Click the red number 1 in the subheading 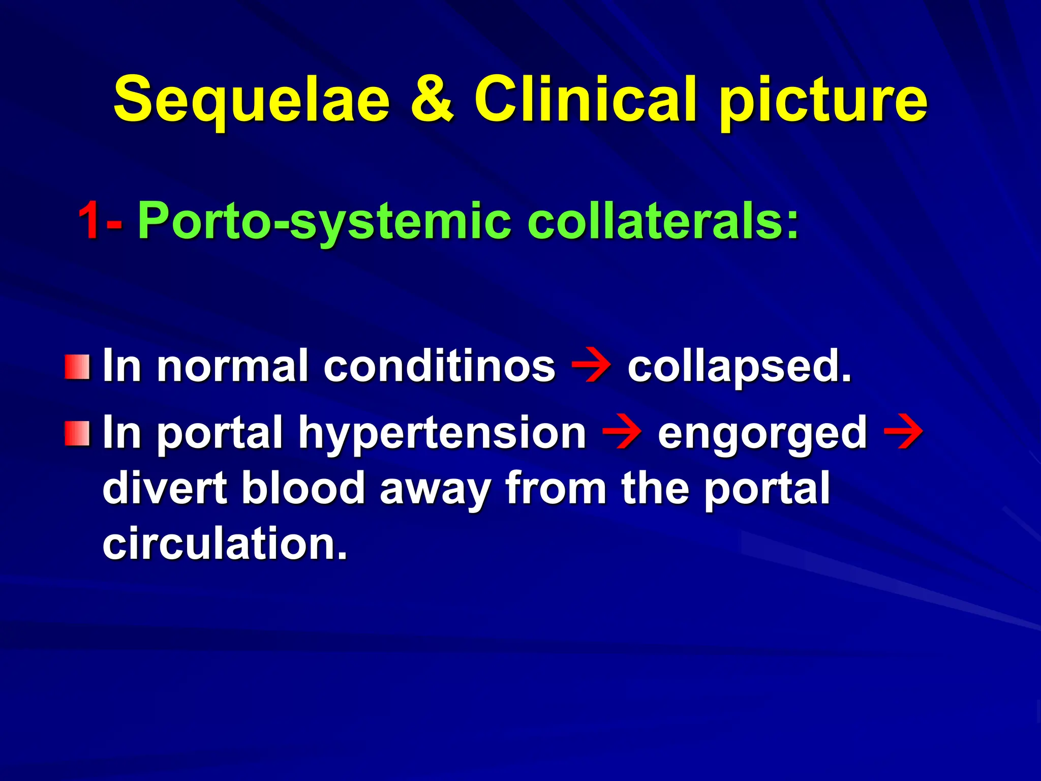(89, 220)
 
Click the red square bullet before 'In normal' (77, 367)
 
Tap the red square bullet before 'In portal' (77, 433)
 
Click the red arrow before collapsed (591, 366)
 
